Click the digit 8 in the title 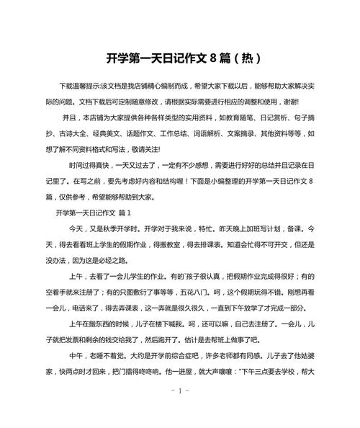pyautogui.click(x=214, y=57)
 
